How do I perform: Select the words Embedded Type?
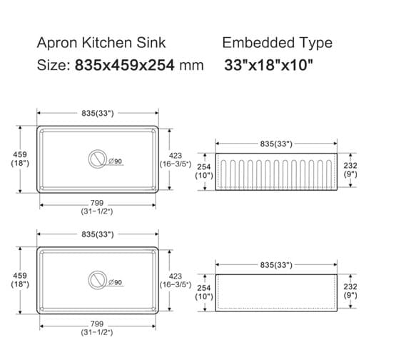(x=277, y=42)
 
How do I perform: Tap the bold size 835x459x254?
(x=129, y=65)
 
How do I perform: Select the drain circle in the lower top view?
(x=97, y=280)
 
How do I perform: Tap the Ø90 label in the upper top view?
(x=116, y=161)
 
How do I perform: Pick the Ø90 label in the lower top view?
(x=116, y=283)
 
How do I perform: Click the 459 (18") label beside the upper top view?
(x=20, y=159)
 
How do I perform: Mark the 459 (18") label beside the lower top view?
(x=20, y=279)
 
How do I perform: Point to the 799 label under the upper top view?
(x=97, y=204)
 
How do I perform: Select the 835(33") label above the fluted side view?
(x=276, y=144)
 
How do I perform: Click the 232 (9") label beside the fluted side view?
(x=350, y=169)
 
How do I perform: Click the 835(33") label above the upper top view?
(x=97, y=113)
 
